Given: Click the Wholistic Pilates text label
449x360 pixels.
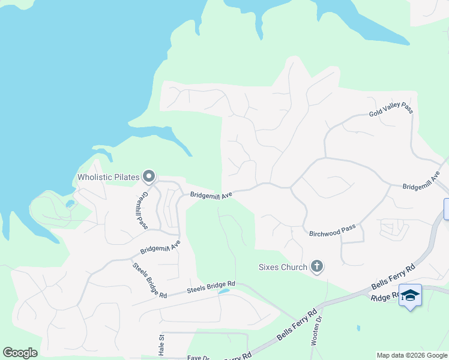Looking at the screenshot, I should pos(108,177).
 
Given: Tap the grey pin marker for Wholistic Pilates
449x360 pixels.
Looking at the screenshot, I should pos(149,176).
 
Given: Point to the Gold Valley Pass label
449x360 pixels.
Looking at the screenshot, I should pos(391,109).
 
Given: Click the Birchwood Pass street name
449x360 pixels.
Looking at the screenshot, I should pos(332,230).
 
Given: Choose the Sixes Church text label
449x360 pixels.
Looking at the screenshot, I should pos(283,267).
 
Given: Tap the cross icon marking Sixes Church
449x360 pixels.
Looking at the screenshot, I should pos(317,266).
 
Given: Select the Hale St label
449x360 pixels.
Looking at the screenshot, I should pos(161,346).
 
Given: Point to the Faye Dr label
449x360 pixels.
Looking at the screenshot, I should pos(197,358).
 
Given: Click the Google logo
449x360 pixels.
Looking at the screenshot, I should pos(20,353).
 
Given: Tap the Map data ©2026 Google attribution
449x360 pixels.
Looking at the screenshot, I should pos(412,355).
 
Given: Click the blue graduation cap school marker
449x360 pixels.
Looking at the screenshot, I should pos(410,295).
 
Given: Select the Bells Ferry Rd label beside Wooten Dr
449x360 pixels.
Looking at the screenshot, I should pos(296,326).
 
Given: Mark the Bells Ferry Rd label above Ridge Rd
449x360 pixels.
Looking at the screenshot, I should pos(393,277).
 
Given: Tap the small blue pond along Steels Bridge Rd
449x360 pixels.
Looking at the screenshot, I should pos(224,292).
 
